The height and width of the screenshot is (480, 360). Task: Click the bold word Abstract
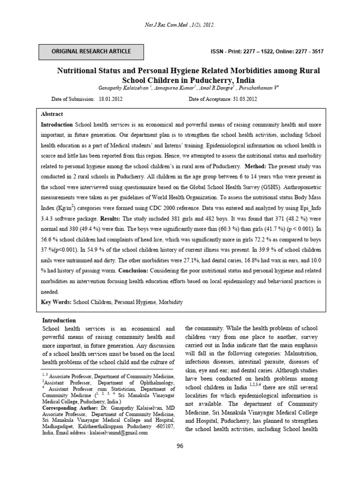coord(52,114)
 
